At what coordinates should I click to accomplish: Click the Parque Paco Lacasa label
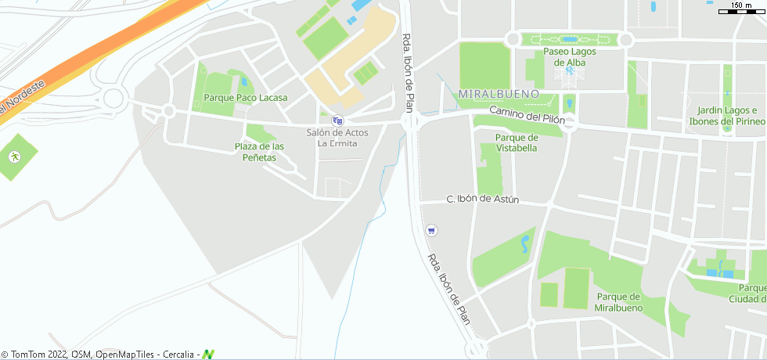(x=245, y=98)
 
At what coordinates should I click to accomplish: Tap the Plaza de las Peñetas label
(x=259, y=152)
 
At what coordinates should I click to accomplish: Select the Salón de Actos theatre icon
(x=337, y=121)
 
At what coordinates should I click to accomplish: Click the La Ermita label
(x=337, y=143)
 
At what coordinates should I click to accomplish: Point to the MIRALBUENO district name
(x=499, y=94)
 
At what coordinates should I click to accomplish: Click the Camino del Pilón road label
(x=527, y=115)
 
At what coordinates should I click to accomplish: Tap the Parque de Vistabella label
(x=517, y=142)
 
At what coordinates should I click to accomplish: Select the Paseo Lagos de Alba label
(x=570, y=57)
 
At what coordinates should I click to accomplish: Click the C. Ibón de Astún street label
(x=483, y=200)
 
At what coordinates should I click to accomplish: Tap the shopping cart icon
(x=430, y=230)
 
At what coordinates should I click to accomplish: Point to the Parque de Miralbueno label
(x=618, y=302)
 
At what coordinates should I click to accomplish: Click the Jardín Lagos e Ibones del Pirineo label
(x=726, y=116)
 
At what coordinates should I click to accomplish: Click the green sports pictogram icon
(x=14, y=157)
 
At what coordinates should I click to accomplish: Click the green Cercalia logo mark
(x=208, y=355)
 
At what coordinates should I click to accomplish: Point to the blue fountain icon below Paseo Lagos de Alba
(x=569, y=71)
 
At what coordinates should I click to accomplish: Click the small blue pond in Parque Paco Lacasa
(x=243, y=81)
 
